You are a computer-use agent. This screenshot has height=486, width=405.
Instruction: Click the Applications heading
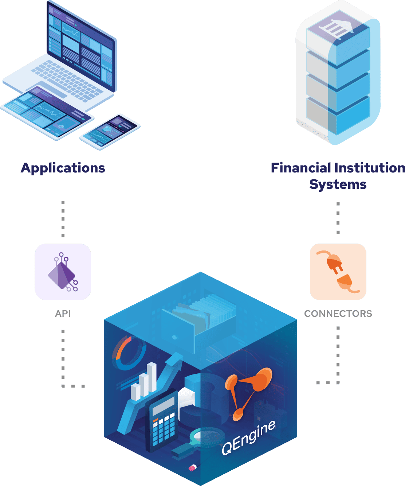(63, 168)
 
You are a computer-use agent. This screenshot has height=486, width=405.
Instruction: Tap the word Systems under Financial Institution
(338, 184)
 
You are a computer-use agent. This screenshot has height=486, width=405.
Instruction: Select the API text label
(63, 314)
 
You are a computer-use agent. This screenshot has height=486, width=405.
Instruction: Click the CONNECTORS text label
(338, 314)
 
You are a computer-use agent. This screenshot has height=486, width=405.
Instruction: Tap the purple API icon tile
(63, 272)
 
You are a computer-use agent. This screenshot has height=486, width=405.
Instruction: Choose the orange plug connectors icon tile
(338, 272)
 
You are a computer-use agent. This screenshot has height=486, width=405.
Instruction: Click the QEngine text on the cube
(248, 438)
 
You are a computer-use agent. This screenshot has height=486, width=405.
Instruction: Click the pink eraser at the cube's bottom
(192, 467)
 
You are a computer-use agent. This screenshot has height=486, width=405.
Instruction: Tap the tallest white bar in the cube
(152, 377)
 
